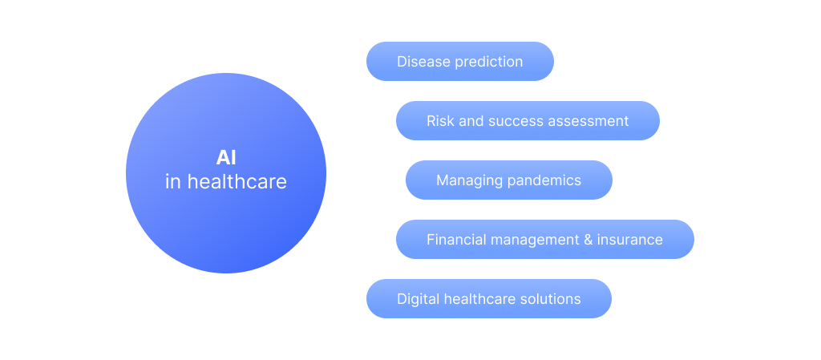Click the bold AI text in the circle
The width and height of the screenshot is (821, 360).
pyautogui.click(x=226, y=158)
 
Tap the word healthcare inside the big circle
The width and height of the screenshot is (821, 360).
pyautogui.click(x=237, y=181)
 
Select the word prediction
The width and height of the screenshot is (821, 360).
pyautogui.click(x=488, y=63)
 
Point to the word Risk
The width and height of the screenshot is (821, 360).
pyautogui.click(x=440, y=121)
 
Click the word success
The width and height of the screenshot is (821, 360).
pyautogui.click(x=508, y=121)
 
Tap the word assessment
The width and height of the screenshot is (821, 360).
pyautogui.click(x=581, y=121)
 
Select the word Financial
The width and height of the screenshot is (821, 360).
pyautogui.click(x=451, y=240)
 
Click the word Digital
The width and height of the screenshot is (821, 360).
pyautogui.click(x=418, y=299)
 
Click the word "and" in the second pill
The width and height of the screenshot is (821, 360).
pyautogui.click(x=471, y=121)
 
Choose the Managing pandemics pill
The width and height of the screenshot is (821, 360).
pyautogui.click(x=509, y=180)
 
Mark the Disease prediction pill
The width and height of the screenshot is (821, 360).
pyautogui.click(x=459, y=61)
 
